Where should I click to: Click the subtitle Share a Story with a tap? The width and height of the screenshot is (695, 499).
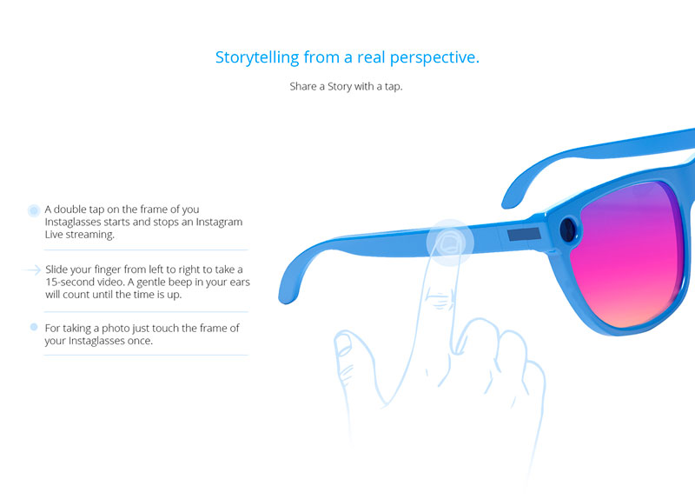346,86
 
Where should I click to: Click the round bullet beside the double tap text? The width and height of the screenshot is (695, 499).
34,210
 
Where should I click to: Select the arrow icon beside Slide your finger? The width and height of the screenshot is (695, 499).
32,269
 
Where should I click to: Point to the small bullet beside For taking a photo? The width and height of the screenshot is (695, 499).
34,328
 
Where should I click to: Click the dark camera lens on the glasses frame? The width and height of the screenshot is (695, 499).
568,230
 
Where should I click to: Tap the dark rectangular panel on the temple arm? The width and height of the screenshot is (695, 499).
524,234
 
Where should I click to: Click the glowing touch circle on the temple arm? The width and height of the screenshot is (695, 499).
450,243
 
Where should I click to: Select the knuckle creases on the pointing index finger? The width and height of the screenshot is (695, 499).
439,300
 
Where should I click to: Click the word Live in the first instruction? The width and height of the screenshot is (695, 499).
54,235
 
